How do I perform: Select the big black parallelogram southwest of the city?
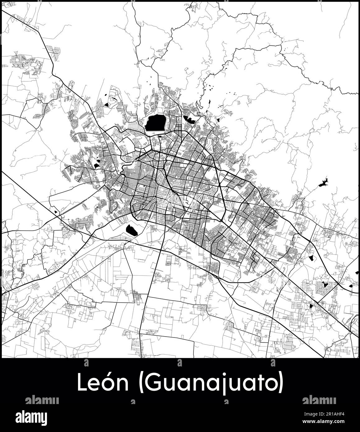coord(132,230)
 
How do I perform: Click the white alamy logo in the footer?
coord(36,417)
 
